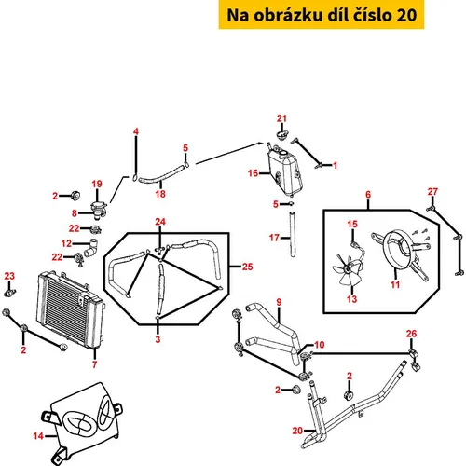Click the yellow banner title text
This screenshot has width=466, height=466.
tap(322, 15)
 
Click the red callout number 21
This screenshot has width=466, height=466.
tap(281, 118)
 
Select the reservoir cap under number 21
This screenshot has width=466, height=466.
tap(282, 135)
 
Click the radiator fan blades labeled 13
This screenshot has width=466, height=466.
tap(348, 270)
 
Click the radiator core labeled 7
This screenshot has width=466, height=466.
tap(70, 309)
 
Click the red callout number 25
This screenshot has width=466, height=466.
tap(247, 267)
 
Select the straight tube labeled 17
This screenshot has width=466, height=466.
tap(292, 235)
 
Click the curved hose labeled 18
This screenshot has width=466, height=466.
tap(160, 175)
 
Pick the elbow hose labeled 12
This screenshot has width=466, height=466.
tap(91, 248)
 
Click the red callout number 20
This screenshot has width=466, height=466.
tap(297, 431)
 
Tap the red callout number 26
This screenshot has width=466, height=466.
tap(411, 334)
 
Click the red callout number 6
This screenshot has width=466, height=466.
tap(368, 195)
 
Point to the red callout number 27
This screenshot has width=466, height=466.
tap(432, 192)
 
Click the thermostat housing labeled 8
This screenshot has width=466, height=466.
tap(99, 210)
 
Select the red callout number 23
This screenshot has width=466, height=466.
tap(9, 276)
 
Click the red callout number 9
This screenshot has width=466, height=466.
tap(279, 302)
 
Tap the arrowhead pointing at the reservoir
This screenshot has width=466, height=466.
tap(260, 144)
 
